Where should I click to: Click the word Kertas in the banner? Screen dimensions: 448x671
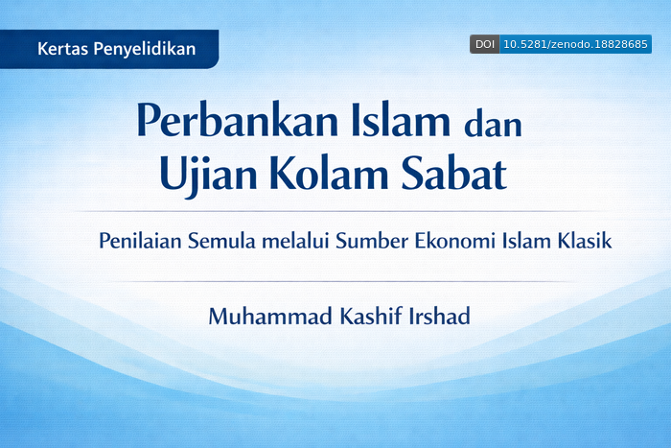coord(61,49)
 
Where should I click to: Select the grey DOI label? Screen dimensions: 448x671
coord(484,44)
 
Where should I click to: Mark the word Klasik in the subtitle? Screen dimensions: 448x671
coord(584,241)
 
